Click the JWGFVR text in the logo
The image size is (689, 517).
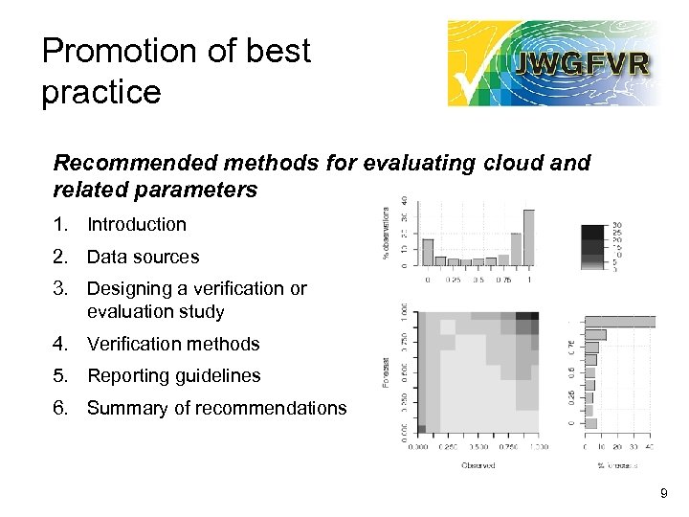click(582, 64)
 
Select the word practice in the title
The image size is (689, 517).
click(101, 92)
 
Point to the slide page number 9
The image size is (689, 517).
click(664, 494)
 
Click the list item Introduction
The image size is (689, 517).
click(136, 225)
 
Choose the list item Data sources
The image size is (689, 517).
click(143, 257)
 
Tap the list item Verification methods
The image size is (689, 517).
click(173, 344)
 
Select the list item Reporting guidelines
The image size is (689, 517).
click(173, 375)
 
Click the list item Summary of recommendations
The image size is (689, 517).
click(216, 408)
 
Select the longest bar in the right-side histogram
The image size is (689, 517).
click(620, 322)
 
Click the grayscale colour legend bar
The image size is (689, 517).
click(592, 247)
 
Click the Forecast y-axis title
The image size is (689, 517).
click(388, 372)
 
